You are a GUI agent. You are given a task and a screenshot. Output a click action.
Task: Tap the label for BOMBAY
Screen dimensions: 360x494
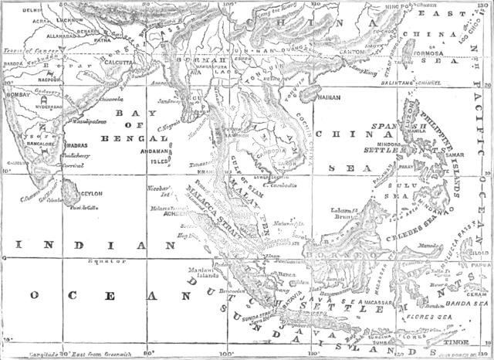(18, 80)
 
